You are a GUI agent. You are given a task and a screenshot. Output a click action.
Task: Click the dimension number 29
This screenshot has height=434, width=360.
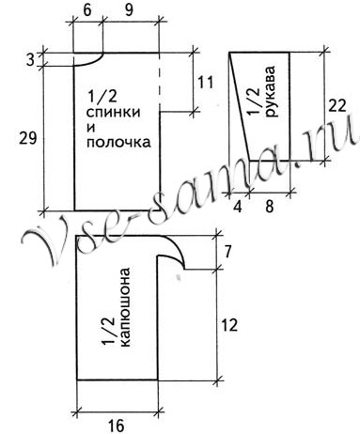27,138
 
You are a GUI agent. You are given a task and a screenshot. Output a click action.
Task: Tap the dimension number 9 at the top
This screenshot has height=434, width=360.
128,12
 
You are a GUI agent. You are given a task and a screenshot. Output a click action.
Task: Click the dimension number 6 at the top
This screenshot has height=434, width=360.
86,12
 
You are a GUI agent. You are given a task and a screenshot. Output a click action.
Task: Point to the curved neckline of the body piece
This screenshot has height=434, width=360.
90,61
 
